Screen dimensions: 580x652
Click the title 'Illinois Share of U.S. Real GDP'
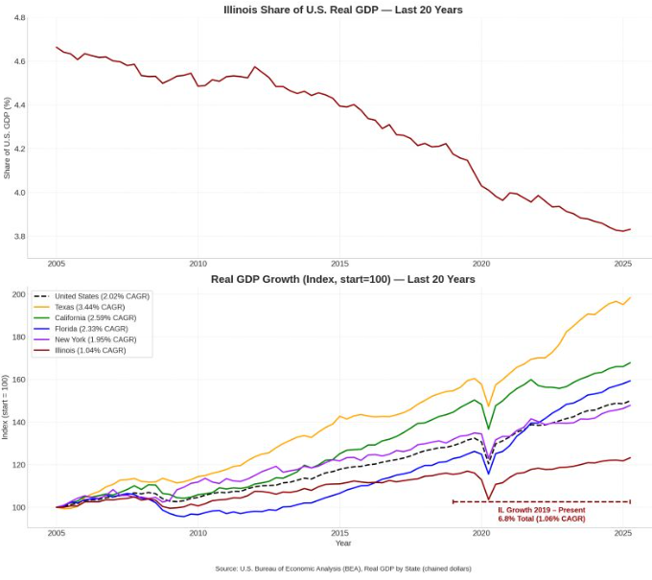(x=343, y=11)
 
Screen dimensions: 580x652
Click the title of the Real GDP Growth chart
(x=343, y=279)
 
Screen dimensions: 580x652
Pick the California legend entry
(x=98, y=317)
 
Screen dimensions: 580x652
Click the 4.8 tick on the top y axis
(x=20, y=18)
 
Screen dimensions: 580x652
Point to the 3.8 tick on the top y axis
(x=20, y=236)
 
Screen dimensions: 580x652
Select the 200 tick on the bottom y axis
(x=18, y=294)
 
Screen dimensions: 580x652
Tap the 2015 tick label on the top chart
(x=339, y=264)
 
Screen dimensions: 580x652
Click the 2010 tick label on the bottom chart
(x=198, y=532)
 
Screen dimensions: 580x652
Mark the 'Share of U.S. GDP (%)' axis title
(x=8, y=137)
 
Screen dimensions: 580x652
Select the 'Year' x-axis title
(x=343, y=544)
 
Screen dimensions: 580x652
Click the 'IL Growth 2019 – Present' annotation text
(x=541, y=510)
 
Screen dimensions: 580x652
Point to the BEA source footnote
(x=343, y=568)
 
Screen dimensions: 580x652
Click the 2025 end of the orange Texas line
(x=630, y=297)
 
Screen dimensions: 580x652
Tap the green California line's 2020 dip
(x=489, y=429)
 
